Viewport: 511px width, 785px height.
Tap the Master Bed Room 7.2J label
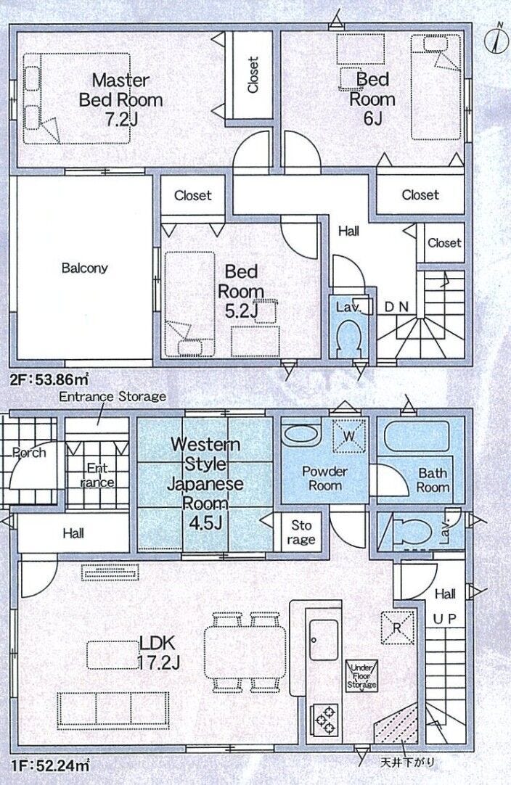pyautogui.click(x=120, y=100)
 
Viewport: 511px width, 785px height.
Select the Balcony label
pyautogui.click(x=84, y=268)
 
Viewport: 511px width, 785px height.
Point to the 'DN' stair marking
pyautogui.click(x=396, y=306)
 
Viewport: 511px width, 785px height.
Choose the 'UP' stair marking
pyautogui.click(x=445, y=620)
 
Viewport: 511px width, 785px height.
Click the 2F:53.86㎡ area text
pyautogui.click(x=49, y=380)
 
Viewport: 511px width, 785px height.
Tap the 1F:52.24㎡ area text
pyautogui.click(x=50, y=765)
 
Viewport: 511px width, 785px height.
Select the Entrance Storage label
pyautogui.click(x=113, y=397)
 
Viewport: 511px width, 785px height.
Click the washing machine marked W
pyautogui.click(x=349, y=435)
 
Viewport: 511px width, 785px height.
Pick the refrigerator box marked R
pyautogui.click(x=398, y=628)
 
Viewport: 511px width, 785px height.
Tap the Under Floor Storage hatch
pyautogui.click(x=361, y=676)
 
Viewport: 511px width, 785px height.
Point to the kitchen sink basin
pyautogui.click(x=324, y=640)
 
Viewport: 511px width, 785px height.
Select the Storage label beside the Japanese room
pyautogui.click(x=301, y=533)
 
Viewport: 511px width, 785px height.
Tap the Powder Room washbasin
pyautogui.click(x=301, y=435)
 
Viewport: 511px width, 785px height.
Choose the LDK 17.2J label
pyautogui.click(x=158, y=652)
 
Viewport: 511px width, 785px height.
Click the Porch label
pyautogui.click(x=29, y=453)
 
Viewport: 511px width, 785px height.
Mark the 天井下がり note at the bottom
pyautogui.click(x=407, y=763)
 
